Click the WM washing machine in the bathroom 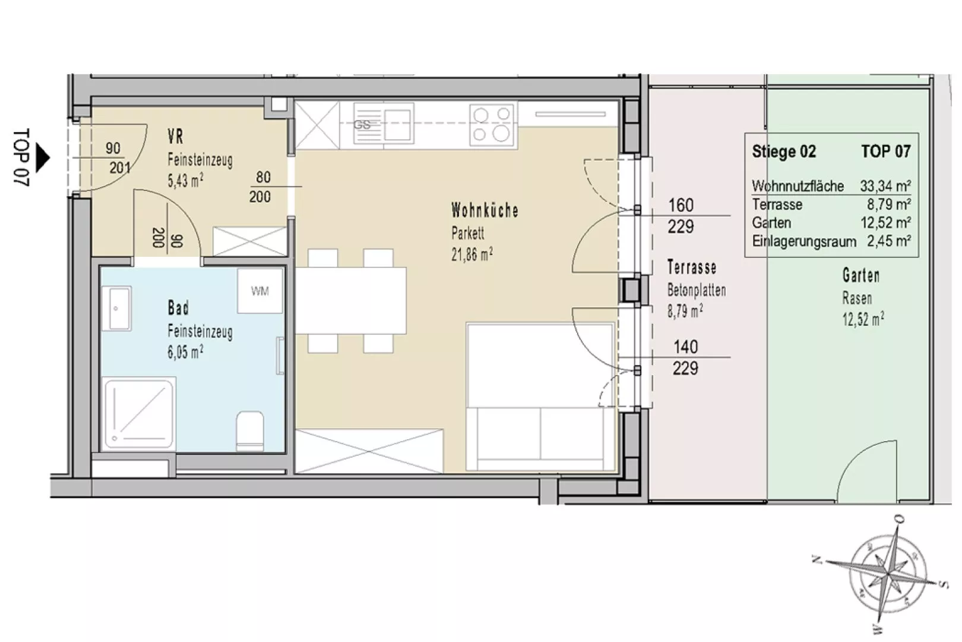[260, 291]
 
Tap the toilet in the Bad [250, 431]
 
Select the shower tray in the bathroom [139, 414]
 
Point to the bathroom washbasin [116, 309]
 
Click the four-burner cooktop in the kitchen [492, 125]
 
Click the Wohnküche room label [485, 210]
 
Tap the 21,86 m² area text [472, 254]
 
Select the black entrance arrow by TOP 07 [43, 158]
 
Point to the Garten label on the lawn [860, 276]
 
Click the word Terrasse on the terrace [692, 267]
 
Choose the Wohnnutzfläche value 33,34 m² [885, 186]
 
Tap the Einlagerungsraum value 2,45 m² [888, 241]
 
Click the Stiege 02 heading [784, 152]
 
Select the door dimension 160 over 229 [681, 216]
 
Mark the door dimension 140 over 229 [685, 357]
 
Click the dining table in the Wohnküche [351, 301]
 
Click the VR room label [176, 137]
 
